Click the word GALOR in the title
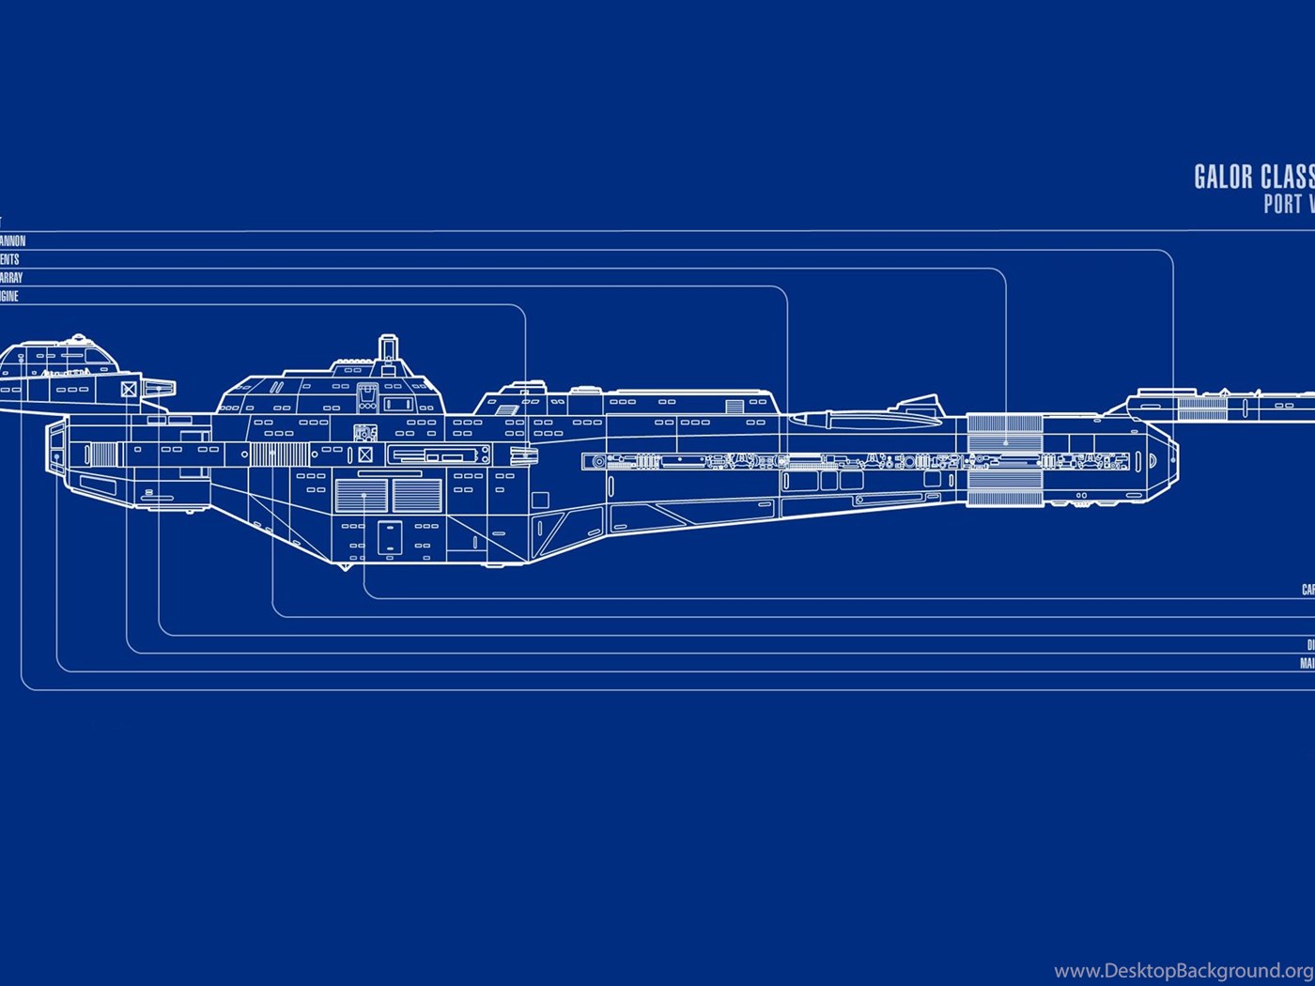pos(1222,177)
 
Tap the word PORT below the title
pos(1282,204)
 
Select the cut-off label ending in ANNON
pos(12,241)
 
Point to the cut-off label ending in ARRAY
pos(10,278)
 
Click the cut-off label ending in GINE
pos(8,297)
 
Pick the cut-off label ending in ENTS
pos(9,260)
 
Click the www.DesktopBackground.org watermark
pos(1183,970)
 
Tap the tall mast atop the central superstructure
pos(388,348)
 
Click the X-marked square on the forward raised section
pos(129,389)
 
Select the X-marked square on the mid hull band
pos(365,455)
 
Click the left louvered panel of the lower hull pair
pos(361,495)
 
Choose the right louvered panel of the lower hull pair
pos(417,495)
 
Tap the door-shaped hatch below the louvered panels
pos(389,537)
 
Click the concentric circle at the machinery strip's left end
pos(598,461)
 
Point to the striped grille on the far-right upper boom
pos(1202,408)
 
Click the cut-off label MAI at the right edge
pos(1307,664)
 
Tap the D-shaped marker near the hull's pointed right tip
pos(1153,460)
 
